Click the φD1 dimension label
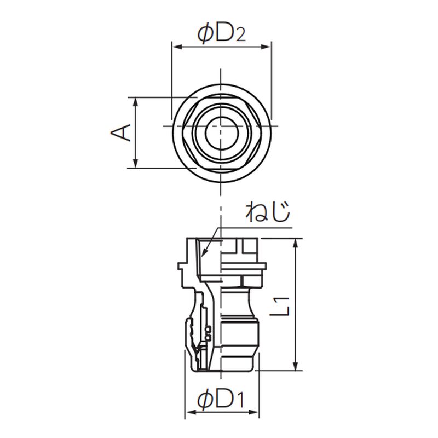tap(221, 400)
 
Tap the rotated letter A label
tap(121, 132)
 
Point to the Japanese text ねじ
tap(268, 212)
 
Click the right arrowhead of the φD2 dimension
tap(266, 47)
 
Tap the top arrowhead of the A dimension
tap(136, 102)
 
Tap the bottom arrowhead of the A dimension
tap(136, 163)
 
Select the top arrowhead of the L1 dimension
tap(296, 244)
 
